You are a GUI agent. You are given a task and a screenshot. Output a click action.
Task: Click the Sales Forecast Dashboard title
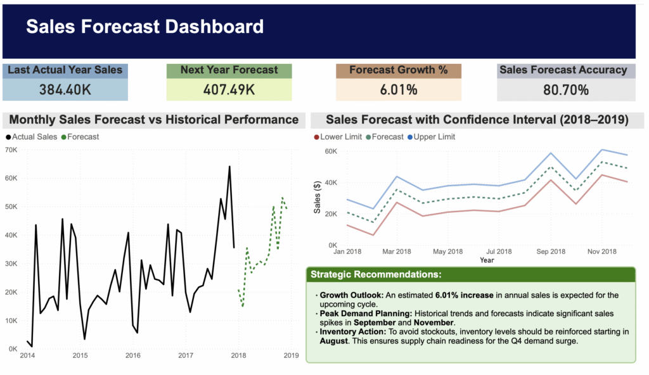pyautogui.click(x=145, y=27)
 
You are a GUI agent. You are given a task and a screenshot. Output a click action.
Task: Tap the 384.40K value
pyautogui.click(x=65, y=90)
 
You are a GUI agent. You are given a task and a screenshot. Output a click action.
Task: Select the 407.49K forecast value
pyautogui.click(x=229, y=90)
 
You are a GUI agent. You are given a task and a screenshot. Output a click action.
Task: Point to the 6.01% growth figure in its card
pyautogui.click(x=399, y=90)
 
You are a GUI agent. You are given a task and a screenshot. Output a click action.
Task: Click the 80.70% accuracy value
pyautogui.click(x=566, y=90)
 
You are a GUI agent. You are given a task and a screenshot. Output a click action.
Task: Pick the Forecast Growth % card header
pyautogui.click(x=399, y=70)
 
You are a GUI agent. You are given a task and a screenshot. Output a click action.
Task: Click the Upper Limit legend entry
pyautogui.click(x=434, y=136)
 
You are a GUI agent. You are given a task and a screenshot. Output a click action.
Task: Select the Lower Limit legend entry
pyautogui.click(x=340, y=136)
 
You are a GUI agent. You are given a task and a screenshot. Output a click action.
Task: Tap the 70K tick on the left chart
pyautogui.click(x=11, y=149)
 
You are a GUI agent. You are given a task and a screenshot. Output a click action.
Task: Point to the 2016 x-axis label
pyautogui.click(x=132, y=355)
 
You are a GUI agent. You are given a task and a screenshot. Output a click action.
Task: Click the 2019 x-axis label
pyautogui.click(x=291, y=355)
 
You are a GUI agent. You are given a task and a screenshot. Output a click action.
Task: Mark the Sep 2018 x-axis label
pyautogui.click(x=551, y=251)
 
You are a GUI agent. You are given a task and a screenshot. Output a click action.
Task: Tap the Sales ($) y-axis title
pyautogui.click(x=317, y=198)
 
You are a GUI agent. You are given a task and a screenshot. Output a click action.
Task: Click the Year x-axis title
pyautogui.click(x=487, y=260)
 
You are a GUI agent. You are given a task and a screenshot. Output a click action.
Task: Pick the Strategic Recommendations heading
pyautogui.click(x=376, y=274)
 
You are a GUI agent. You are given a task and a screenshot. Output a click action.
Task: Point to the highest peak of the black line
pyautogui.click(x=229, y=167)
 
